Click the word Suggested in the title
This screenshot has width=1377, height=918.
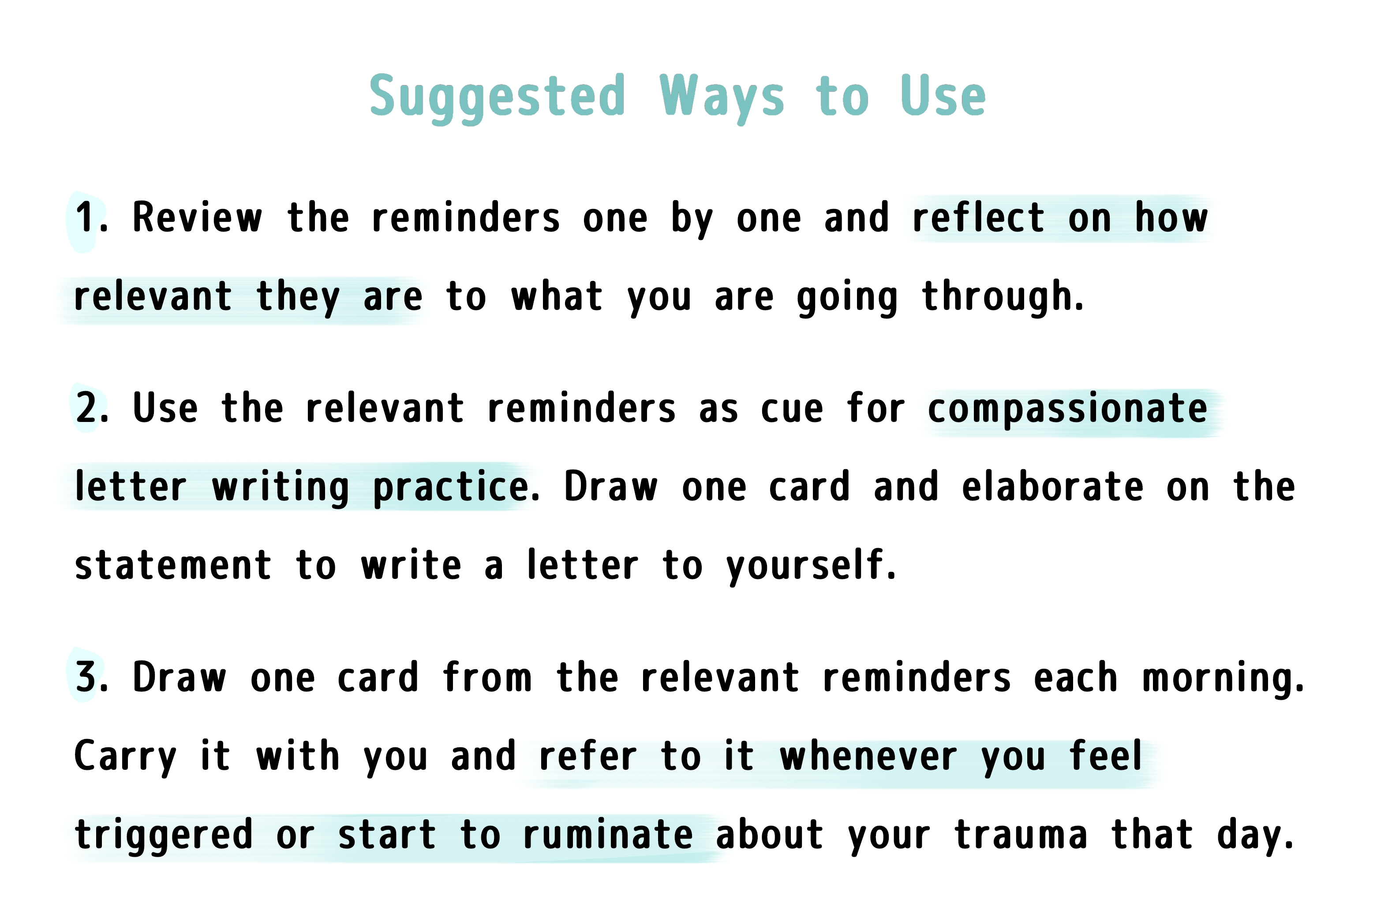498,98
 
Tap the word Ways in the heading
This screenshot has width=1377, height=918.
722,98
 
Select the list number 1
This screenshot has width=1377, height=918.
91,217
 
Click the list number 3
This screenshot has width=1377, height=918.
92,677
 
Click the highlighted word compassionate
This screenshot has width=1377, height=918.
1067,409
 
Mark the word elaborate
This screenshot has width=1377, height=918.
1052,485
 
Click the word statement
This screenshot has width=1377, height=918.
173,565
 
